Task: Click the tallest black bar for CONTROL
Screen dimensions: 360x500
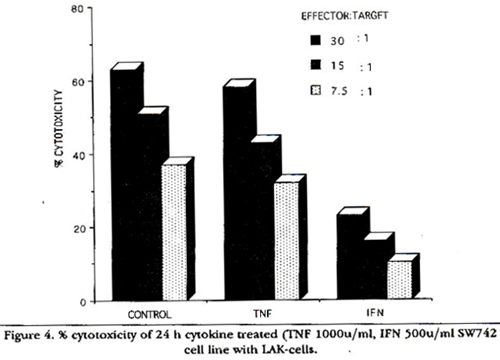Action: click(x=124, y=185)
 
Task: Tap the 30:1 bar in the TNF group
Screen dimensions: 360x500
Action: click(x=236, y=192)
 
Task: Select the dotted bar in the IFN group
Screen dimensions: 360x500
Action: click(x=399, y=281)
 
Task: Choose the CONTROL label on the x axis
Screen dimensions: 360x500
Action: click(x=150, y=314)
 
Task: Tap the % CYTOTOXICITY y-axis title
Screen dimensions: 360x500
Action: click(x=58, y=154)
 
